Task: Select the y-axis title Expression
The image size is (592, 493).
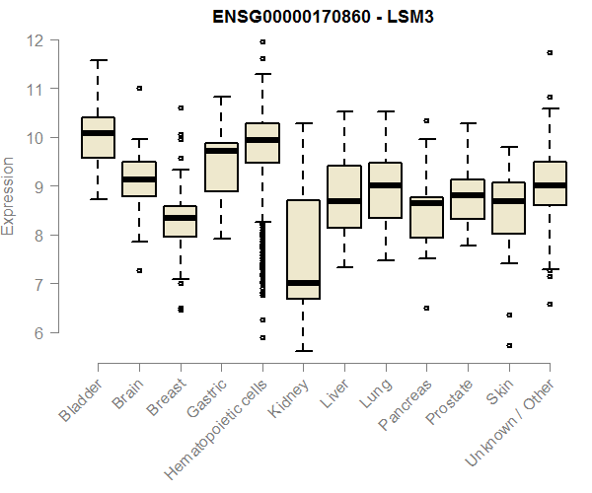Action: point(9,195)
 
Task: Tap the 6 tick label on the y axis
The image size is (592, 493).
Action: point(36,332)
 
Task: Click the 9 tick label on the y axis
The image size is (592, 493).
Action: point(36,186)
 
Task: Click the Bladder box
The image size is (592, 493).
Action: point(98,138)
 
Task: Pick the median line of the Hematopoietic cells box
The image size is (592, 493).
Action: point(261,140)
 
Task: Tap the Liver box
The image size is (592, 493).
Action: point(343,197)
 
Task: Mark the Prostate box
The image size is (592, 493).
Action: point(467,199)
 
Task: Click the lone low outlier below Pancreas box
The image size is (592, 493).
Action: point(426,309)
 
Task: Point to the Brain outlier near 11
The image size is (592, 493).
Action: point(139,88)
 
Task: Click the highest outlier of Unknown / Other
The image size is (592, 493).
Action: point(550,52)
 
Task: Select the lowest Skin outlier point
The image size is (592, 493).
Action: point(508,346)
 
